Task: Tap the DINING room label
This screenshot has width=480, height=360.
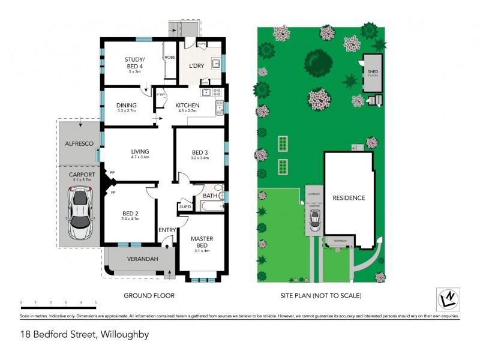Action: (x=126, y=106)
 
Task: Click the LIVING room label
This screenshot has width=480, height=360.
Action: (x=140, y=151)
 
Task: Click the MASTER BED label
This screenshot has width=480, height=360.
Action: (x=202, y=241)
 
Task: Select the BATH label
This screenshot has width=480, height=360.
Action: (x=209, y=196)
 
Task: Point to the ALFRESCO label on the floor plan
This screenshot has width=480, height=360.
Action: (x=78, y=145)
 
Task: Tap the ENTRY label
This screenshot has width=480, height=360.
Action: (x=166, y=230)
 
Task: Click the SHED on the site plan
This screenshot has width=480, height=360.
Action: (x=373, y=74)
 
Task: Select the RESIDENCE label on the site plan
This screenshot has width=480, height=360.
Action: (x=349, y=198)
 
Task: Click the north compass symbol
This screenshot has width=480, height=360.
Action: (x=447, y=298)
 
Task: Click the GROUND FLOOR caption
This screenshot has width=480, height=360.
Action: (x=149, y=295)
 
